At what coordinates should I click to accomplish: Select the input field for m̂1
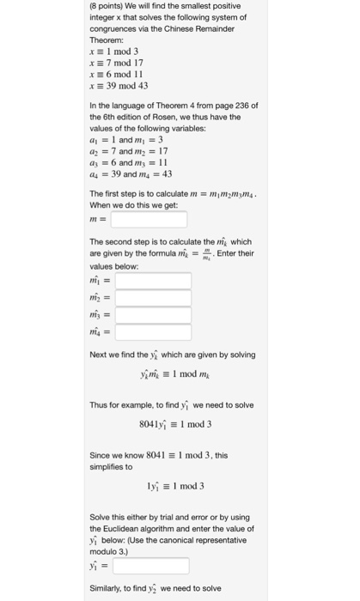tap(153, 281)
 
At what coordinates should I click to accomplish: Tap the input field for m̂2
tap(153, 300)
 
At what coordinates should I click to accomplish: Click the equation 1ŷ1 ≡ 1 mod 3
tap(175, 485)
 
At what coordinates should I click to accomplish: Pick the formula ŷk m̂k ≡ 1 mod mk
tap(175, 374)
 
